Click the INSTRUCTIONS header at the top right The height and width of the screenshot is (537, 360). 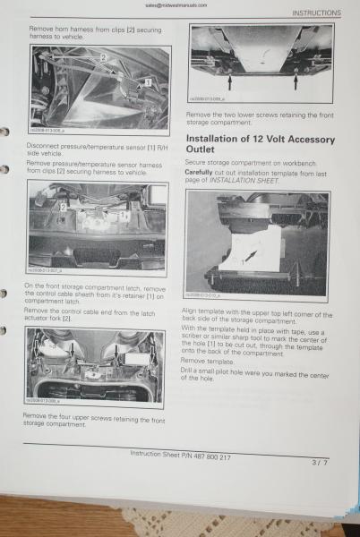[x=316, y=13]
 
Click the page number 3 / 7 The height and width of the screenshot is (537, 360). [x=319, y=463]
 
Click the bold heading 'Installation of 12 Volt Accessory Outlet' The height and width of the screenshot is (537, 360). [x=260, y=145]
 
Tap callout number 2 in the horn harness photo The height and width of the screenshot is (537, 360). [x=104, y=58]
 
